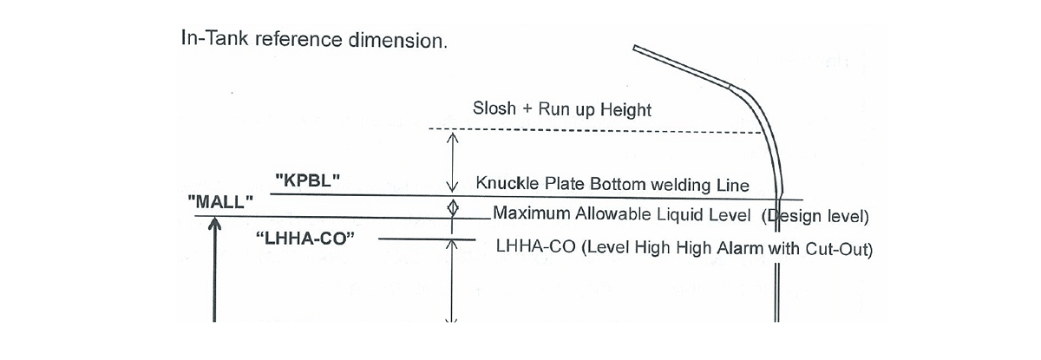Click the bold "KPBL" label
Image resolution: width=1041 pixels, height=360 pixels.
(306, 181)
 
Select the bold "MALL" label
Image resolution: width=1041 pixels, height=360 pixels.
(220, 201)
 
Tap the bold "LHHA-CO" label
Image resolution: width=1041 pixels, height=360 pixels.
(306, 239)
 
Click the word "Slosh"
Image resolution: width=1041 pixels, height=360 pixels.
(494, 110)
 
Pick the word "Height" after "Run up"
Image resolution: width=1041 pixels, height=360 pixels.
(625, 110)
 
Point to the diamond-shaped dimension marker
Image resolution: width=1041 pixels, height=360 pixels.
(451, 208)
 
